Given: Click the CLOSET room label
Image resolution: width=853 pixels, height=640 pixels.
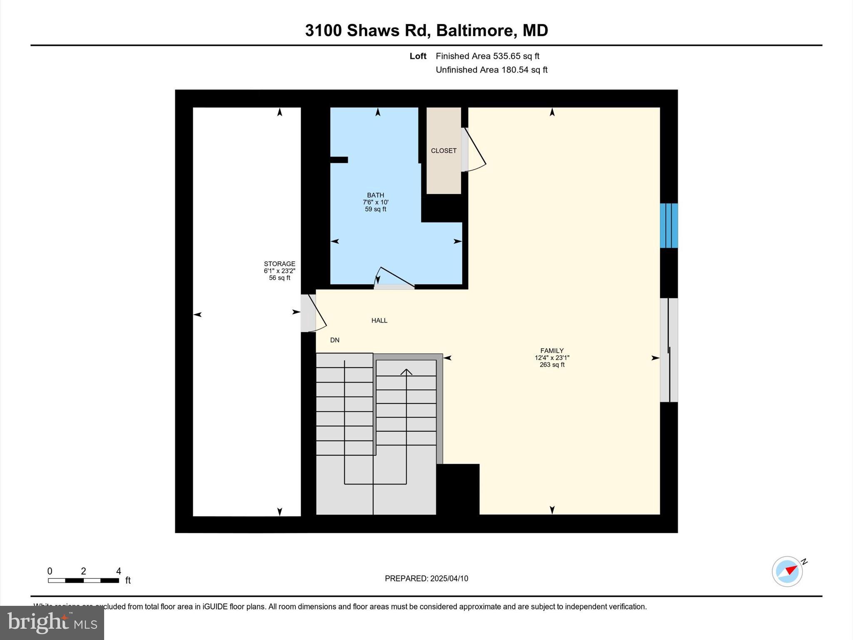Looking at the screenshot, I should tap(444, 150).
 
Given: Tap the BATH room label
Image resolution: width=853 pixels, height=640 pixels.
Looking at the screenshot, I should tap(375, 195).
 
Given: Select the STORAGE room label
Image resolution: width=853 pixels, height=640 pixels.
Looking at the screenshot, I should tap(279, 264).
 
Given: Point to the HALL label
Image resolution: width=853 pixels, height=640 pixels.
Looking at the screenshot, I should tap(379, 320).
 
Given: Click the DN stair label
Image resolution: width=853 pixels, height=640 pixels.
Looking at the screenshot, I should tap(335, 340).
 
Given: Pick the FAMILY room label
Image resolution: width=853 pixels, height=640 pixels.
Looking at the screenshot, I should tap(552, 351).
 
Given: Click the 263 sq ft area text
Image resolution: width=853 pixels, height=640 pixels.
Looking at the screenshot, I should tap(552, 365).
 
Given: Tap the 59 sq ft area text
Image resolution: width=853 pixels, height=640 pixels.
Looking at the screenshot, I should tap(375, 209).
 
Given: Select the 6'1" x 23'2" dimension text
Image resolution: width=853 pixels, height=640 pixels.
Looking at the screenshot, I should tap(279, 271).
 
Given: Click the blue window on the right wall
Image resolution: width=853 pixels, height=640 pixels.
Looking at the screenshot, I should tap(669, 225).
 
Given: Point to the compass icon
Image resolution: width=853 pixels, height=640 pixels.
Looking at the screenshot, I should tap(787, 571).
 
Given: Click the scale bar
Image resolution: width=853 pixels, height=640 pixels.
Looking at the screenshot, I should tap(83, 580).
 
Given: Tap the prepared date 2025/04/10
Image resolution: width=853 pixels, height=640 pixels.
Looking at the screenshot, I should tap(449, 578).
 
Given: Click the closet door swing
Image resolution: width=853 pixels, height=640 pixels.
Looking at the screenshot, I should tap(475, 150).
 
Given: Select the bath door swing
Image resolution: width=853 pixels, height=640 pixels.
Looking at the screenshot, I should tap(394, 277).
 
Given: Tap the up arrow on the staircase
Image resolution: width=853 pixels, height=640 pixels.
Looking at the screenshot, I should tap(406, 372).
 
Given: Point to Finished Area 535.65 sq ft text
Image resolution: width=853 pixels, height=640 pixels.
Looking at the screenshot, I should tap(487, 56).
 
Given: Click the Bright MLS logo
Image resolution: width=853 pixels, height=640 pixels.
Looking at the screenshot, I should tap(52, 622).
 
